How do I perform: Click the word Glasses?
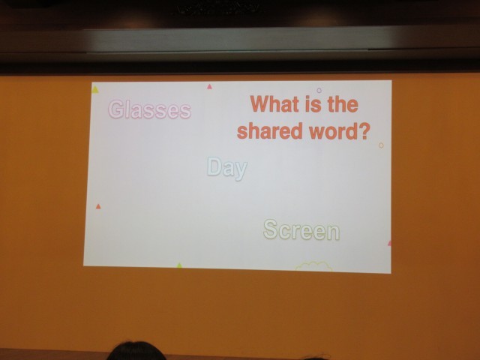tap(150, 109)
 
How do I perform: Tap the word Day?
tap(227, 168)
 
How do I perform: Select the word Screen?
tap(301, 229)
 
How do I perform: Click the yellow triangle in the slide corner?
tap(95, 90)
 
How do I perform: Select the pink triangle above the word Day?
tap(209, 87)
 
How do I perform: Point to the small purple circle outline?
tap(319, 90)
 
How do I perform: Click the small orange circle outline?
tap(381, 145)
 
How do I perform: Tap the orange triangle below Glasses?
tap(98, 206)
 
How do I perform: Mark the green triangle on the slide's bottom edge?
tap(179, 265)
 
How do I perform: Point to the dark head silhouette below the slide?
tap(136, 351)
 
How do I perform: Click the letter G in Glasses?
tap(115, 109)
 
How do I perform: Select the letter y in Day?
tap(241, 171)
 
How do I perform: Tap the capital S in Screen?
tap(271, 229)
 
